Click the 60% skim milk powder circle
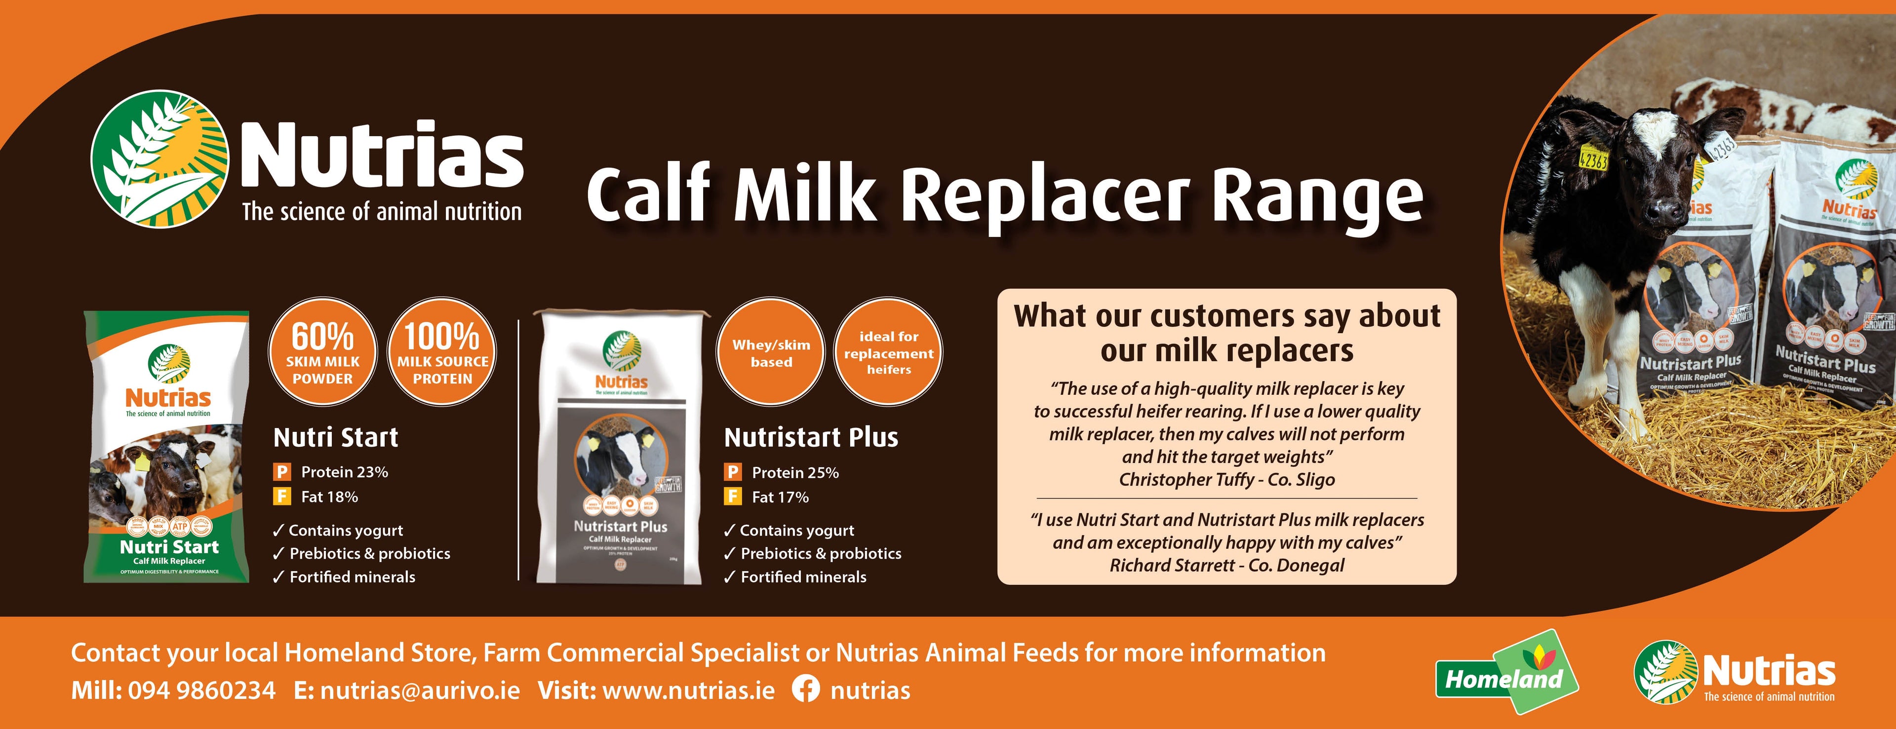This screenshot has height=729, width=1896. pos(322,351)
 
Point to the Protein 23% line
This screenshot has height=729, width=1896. pos(344,472)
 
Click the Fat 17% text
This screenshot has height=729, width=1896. pos(780,498)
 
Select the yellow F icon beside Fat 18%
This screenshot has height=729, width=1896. pos(281,497)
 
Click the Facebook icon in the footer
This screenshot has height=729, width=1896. pos(805,690)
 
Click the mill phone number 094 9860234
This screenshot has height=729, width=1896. pos(201,691)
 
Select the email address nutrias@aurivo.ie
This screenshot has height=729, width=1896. pos(420,691)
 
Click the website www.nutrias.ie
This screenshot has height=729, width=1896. pos(688,691)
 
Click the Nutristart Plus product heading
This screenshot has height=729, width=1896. pos(810,438)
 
